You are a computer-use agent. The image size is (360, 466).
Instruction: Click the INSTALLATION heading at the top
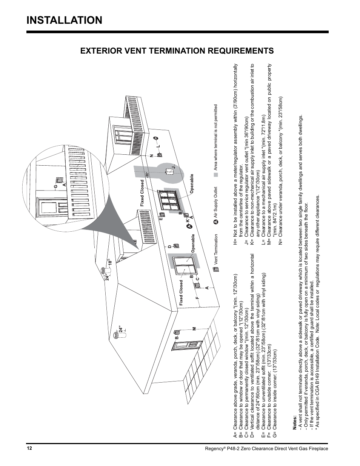coord(64,20)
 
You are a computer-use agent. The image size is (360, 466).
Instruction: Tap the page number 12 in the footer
coord(29,448)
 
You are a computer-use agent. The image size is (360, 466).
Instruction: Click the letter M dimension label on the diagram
coord(194,329)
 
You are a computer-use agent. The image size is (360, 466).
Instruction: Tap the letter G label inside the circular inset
coord(55,186)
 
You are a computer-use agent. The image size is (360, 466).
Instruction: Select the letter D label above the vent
coord(169,247)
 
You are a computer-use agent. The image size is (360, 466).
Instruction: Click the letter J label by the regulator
coord(174,167)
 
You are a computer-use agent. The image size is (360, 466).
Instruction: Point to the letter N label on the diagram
coord(151,156)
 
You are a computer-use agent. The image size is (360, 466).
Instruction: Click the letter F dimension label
coord(197,298)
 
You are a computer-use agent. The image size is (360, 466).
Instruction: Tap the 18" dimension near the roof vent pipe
coord(110,261)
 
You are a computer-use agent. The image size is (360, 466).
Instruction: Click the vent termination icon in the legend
coord(215,269)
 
